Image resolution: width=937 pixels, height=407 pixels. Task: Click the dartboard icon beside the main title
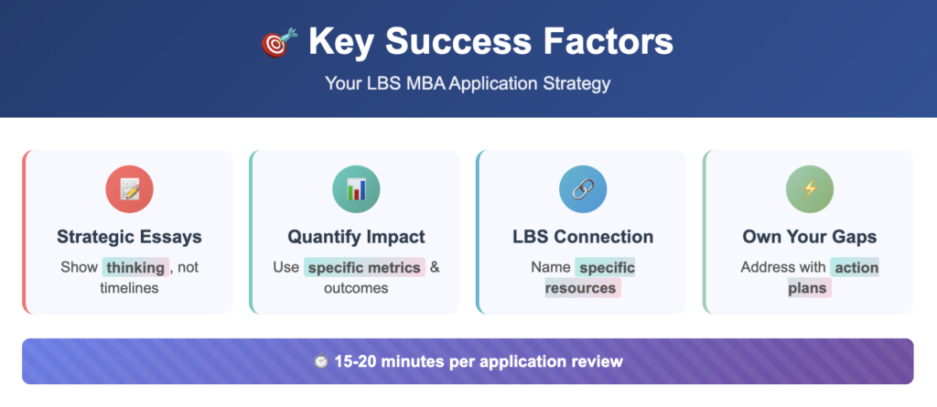pyautogui.click(x=277, y=43)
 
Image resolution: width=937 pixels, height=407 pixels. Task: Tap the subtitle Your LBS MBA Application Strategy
pyautogui.click(x=468, y=83)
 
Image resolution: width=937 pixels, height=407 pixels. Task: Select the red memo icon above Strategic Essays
pyautogui.click(x=129, y=189)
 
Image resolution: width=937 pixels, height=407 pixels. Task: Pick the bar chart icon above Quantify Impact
pyautogui.click(x=356, y=189)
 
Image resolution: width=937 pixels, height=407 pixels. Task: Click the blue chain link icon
pyautogui.click(x=583, y=189)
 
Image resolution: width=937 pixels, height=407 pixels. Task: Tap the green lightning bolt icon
pyautogui.click(x=810, y=189)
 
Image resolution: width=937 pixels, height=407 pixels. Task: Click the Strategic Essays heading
pyautogui.click(x=129, y=237)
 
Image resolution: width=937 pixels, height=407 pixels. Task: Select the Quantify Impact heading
pyautogui.click(x=356, y=237)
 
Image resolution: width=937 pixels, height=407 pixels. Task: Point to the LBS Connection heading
pyautogui.click(x=583, y=237)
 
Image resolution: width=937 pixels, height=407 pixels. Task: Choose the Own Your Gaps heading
pyautogui.click(x=810, y=237)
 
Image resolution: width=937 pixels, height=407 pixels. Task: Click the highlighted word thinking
pyautogui.click(x=135, y=268)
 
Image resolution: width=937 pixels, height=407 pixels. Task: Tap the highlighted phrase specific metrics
pyautogui.click(x=364, y=268)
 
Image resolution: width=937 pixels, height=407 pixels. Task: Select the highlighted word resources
pyautogui.click(x=582, y=288)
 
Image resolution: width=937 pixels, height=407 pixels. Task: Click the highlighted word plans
pyautogui.click(x=809, y=288)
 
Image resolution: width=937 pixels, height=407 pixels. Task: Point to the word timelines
pyautogui.click(x=129, y=288)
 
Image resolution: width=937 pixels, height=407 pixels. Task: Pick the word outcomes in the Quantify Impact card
pyautogui.click(x=356, y=288)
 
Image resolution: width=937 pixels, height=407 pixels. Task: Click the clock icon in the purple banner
pyautogui.click(x=320, y=361)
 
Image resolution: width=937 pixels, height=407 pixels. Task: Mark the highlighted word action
pyautogui.click(x=855, y=268)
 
